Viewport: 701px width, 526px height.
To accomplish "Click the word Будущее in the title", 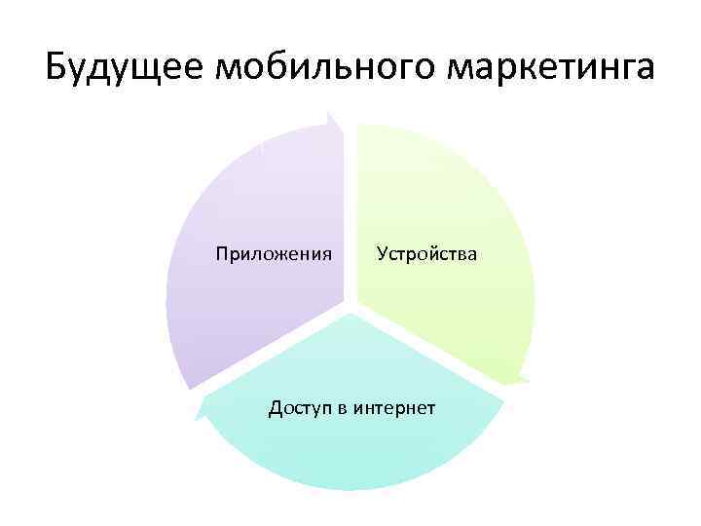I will pyautogui.click(x=124, y=69).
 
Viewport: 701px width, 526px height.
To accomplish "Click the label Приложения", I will pyautogui.click(x=274, y=255).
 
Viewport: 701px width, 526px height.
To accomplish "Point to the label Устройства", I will pyautogui.click(x=427, y=255).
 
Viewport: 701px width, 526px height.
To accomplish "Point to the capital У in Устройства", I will pyautogui.click(x=383, y=255).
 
